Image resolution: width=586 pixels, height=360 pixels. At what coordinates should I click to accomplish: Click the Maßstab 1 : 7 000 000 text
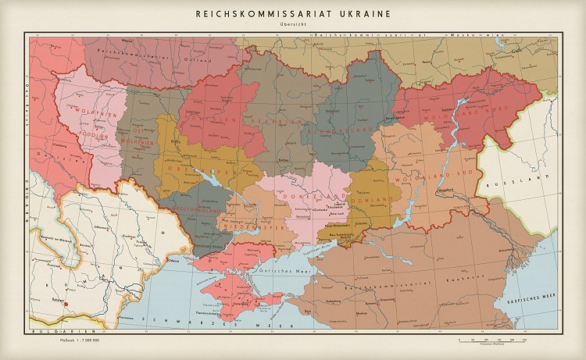coord(76,340)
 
